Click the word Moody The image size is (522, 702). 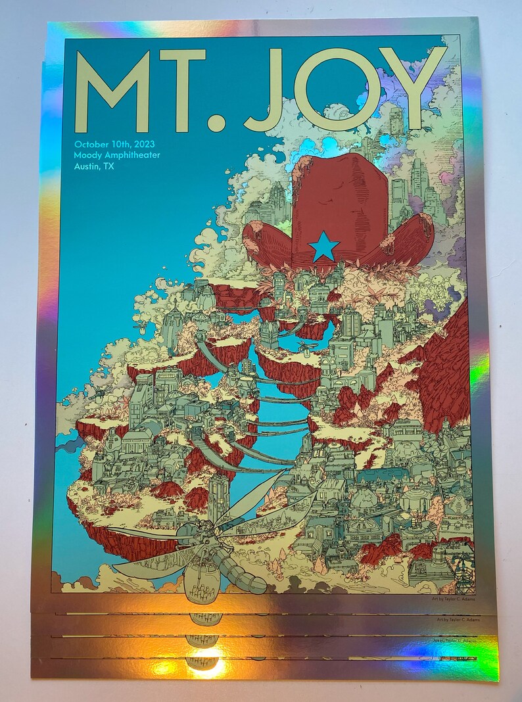[89, 155]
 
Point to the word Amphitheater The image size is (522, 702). [133, 155]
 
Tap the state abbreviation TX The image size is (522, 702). [108, 167]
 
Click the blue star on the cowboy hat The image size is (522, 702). [324, 247]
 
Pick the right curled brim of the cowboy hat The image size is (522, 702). [408, 240]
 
